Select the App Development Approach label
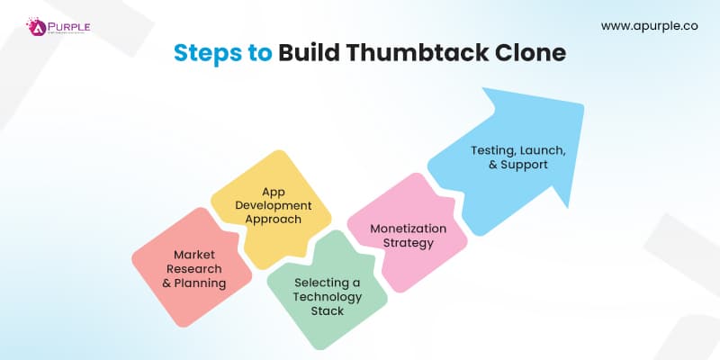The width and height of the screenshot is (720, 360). (x=269, y=205)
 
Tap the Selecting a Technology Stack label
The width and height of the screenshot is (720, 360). (x=328, y=297)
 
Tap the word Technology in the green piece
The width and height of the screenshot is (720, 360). (x=328, y=297)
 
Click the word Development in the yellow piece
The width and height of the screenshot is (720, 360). (x=269, y=205)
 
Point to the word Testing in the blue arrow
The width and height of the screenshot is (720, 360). (x=491, y=151)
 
